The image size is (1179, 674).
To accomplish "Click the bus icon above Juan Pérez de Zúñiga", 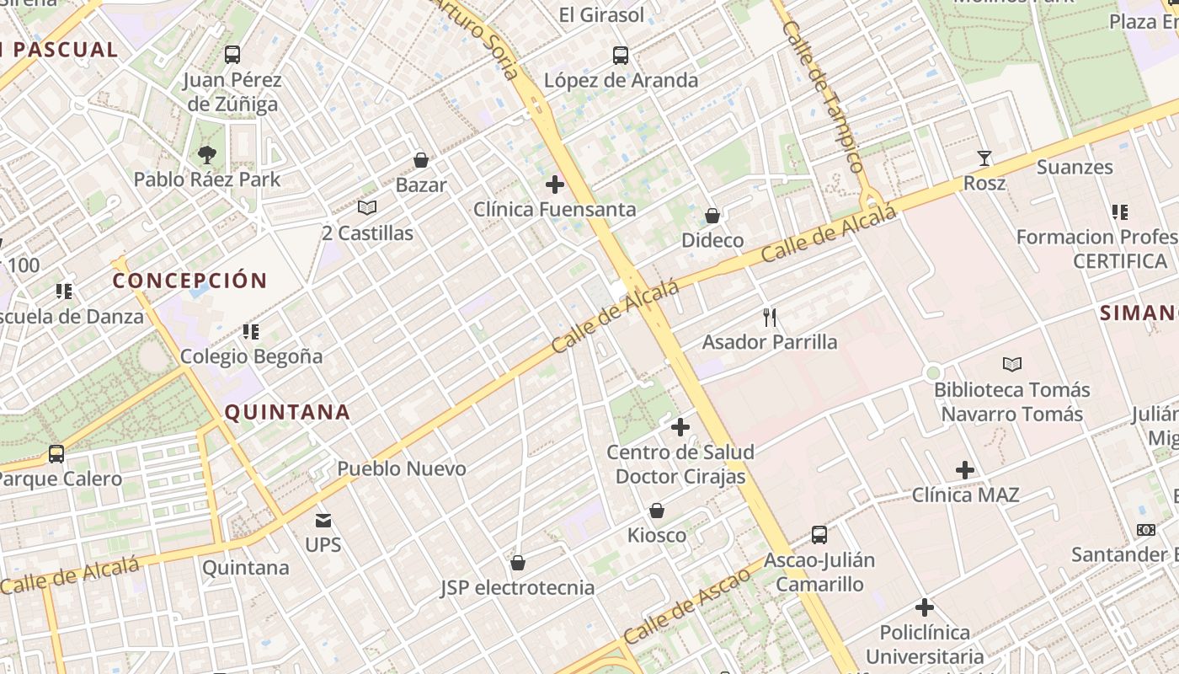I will coord(232,55).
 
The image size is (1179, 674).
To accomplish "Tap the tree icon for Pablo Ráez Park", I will coord(206,154).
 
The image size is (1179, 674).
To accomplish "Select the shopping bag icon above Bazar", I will coord(421,159).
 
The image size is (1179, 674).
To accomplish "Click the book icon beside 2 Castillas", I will coord(366,207).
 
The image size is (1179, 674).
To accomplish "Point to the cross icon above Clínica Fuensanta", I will coord(554,184).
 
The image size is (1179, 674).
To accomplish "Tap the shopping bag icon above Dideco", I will coord(712,216).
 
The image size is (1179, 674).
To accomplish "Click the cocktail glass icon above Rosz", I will coord(984,158).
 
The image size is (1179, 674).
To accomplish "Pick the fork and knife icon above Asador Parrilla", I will coord(769,317).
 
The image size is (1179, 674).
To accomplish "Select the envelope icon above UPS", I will coord(323,520).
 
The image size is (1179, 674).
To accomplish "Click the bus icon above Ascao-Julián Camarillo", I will coord(819,534).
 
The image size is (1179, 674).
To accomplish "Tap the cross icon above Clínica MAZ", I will coord(965,469).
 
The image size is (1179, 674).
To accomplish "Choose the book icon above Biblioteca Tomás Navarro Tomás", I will coord(1011,364).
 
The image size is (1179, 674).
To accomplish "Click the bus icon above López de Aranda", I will coord(621,56).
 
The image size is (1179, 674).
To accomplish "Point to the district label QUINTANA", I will coord(286,412).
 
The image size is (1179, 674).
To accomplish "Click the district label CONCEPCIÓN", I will coord(189,281).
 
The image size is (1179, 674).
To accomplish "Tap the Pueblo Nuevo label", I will coord(402,468).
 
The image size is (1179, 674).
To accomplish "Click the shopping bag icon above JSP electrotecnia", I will coord(518,562).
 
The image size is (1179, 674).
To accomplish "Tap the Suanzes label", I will coord(1075,167).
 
